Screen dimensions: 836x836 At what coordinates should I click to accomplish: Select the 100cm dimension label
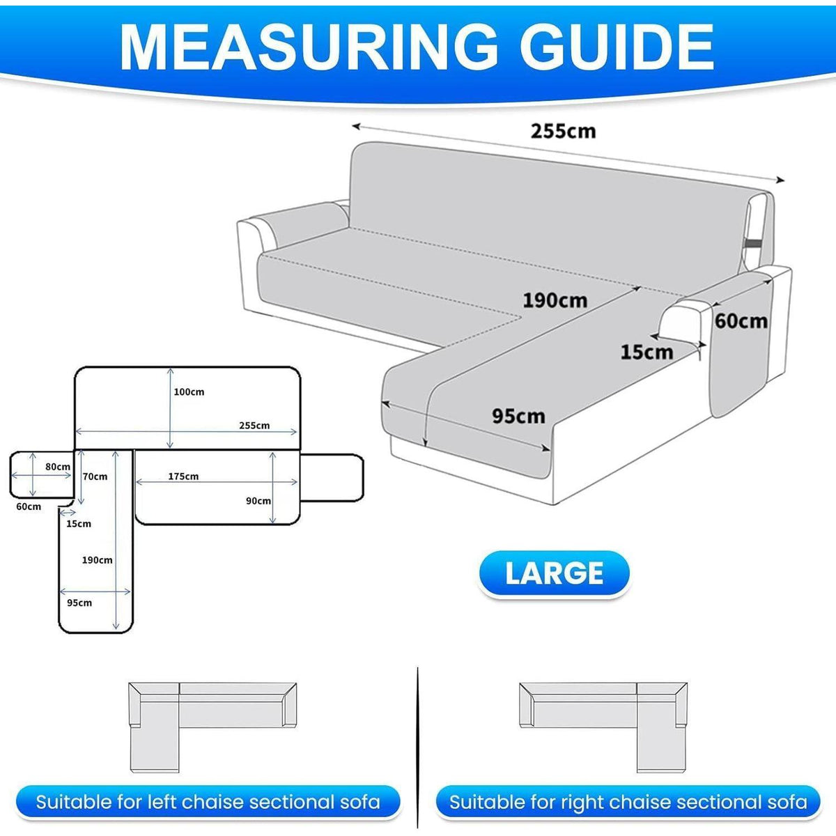pos(189,392)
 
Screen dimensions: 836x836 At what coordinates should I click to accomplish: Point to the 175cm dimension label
pos(183,476)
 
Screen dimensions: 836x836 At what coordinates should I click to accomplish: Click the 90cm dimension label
pos(258,501)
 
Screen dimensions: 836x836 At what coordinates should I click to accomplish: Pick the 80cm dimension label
pos(58,466)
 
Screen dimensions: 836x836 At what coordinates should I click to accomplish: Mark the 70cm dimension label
pos(95,477)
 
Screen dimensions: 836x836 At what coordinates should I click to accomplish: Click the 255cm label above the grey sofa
pos(563,131)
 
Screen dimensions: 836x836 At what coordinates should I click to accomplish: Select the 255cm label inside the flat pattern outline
pos(254,425)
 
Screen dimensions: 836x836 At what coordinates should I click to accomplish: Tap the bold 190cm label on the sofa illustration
pos(555,300)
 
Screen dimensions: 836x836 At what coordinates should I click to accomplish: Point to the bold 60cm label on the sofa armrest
pos(741,321)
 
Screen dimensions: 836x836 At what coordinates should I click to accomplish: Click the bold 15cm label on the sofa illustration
pos(647,352)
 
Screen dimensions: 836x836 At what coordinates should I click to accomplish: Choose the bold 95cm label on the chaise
pos(518,416)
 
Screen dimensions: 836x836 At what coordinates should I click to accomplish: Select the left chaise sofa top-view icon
pos(212,733)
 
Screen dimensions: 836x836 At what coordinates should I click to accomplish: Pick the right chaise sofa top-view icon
pos(603,733)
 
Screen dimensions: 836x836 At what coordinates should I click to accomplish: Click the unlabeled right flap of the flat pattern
pos(332,478)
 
